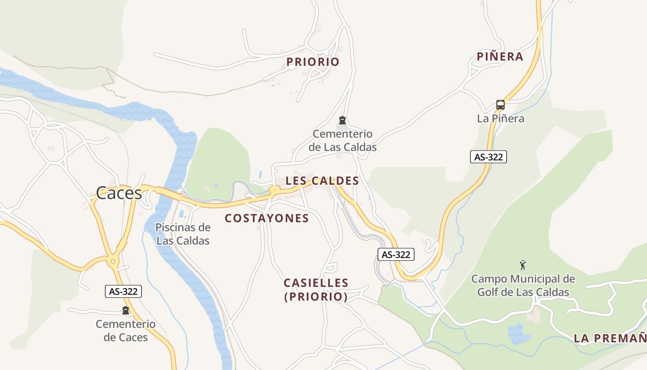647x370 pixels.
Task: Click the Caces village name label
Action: (119, 192)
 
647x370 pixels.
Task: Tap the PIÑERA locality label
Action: (500, 57)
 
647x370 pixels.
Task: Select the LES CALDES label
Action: (322, 181)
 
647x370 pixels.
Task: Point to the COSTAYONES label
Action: (267, 218)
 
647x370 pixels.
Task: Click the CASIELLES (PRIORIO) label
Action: (316, 290)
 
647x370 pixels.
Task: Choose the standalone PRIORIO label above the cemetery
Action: (313, 62)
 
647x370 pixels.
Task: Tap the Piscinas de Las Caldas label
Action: (183, 234)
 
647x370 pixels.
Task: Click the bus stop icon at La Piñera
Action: (500, 105)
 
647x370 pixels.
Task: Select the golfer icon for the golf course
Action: (523, 265)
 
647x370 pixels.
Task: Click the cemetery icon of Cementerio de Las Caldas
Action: (342, 121)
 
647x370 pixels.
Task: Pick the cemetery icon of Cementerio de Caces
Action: (125, 310)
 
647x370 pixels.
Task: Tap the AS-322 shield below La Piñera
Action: (488, 157)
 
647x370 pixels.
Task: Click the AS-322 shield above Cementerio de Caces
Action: (123, 291)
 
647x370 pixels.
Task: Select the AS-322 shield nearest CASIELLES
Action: (396, 254)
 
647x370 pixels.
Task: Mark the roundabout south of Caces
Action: (113, 262)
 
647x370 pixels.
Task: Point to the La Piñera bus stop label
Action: (501, 118)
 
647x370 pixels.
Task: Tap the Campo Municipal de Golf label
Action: (523, 285)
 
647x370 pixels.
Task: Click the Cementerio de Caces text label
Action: (126, 330)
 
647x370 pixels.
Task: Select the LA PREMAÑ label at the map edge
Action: (610, 338)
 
